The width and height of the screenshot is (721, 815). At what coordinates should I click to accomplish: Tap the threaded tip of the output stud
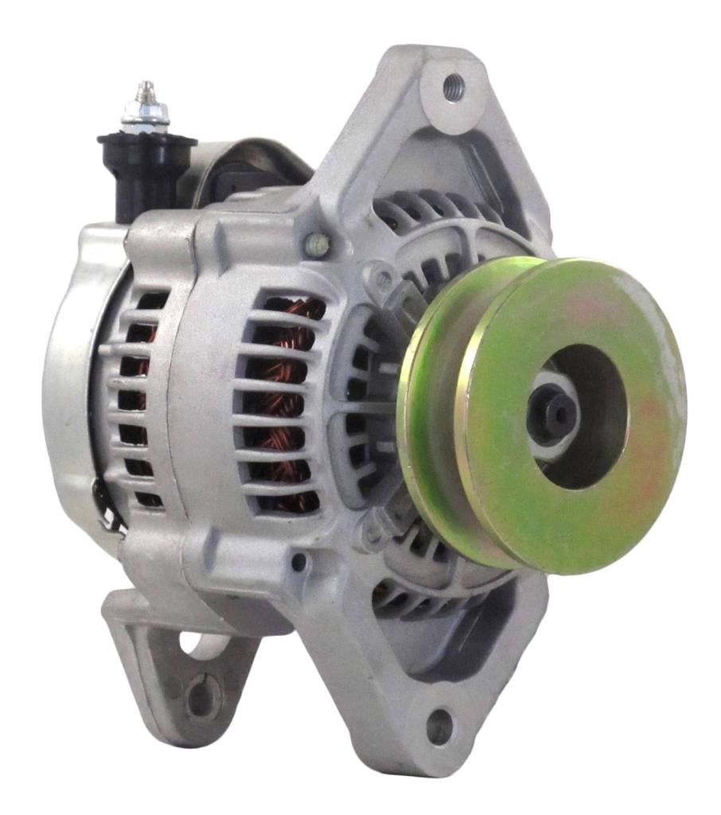point(144,88)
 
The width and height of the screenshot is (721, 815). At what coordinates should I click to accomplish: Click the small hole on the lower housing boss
point(298,562)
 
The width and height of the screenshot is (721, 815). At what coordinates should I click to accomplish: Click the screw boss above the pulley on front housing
point(383,278)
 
